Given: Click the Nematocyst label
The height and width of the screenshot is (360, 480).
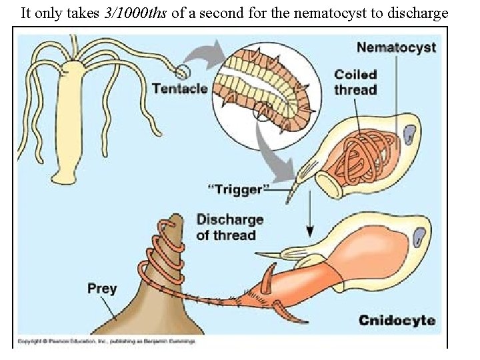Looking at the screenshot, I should [396, 48].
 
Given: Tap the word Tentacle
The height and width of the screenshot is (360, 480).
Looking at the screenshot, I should [179, 89].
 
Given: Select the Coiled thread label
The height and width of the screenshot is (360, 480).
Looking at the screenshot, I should [356, 82].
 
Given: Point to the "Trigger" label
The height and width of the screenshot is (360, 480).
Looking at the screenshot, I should [237, 190].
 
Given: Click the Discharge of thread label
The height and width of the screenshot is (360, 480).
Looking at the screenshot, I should [229, 227].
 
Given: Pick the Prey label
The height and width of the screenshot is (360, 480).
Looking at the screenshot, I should [101, 289].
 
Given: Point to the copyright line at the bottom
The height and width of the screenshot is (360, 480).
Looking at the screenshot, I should [107, 341].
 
